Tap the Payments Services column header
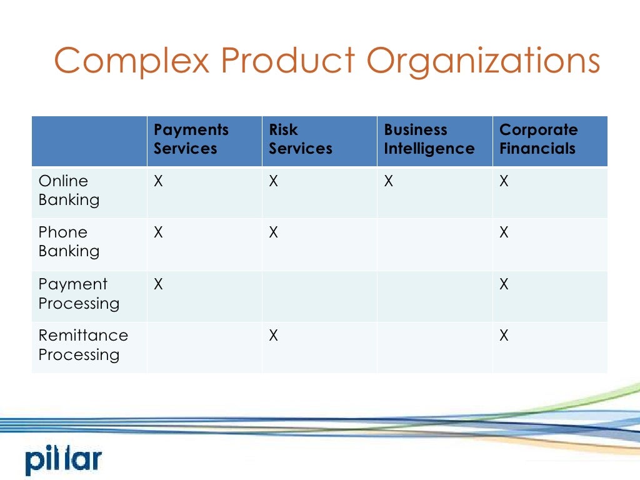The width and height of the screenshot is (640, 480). point(191,139)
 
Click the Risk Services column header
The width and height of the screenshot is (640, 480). point(301,139)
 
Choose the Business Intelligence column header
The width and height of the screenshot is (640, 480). point(429,139)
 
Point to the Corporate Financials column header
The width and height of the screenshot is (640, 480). point(538,139)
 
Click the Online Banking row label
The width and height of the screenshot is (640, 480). point(69,191)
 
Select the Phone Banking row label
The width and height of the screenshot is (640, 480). point(69,242)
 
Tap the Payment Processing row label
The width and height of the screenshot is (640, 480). point(78,294)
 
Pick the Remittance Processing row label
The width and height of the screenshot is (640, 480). point(83,345)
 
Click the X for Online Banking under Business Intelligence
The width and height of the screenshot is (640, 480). point(389,182)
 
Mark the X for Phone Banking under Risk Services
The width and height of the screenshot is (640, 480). point(274,233)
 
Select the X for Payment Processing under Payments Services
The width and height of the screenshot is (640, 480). point(159,284)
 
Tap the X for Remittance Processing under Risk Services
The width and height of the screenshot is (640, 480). point(274,336)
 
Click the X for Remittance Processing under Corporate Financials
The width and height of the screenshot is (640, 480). point(504,336)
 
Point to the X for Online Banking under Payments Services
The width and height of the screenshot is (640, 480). point(159,182)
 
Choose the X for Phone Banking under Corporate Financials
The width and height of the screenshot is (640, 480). point(504,233)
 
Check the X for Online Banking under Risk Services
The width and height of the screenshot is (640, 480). point(274,182)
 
